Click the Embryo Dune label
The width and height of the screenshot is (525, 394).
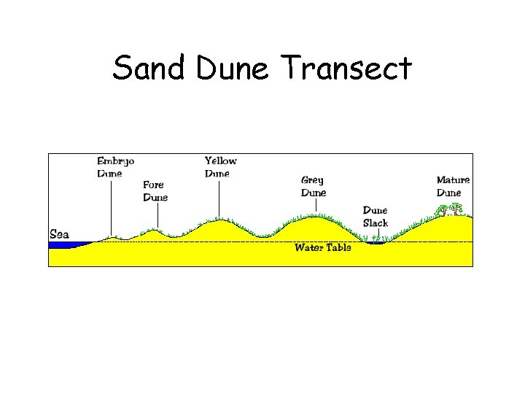click(x=115, y=167)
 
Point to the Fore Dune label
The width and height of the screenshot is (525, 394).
click(x=155, y=191)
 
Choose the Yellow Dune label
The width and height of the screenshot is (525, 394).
click(x=220, y=167)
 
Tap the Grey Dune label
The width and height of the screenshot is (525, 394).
click(x=314, y=186)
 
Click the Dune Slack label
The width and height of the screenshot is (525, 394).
click(x=376, y=217)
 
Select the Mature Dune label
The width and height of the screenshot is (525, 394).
click(x=453, y=186)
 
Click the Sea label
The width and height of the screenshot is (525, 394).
click(x=59, y=234)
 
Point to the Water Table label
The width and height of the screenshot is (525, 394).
click(x=322, y=247)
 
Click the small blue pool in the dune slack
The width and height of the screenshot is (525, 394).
click(x=376, y=243)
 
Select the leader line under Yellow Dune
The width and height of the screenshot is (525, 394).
click(x=217, y=198)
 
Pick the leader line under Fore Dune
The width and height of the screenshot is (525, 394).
click(x=157, y=216)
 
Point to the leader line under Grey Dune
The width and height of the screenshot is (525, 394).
click(x=316, y=205)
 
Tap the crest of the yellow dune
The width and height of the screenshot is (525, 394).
click(x=218, y=220)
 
